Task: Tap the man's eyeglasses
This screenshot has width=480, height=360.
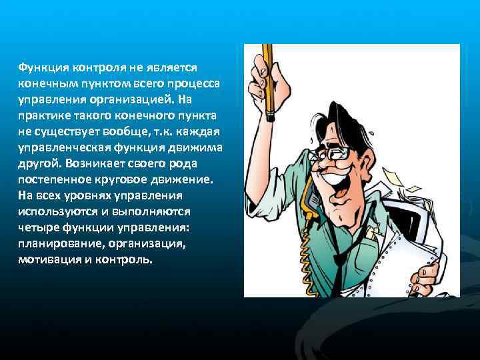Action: (332, 153)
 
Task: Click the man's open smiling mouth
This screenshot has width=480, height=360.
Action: (338, 179)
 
